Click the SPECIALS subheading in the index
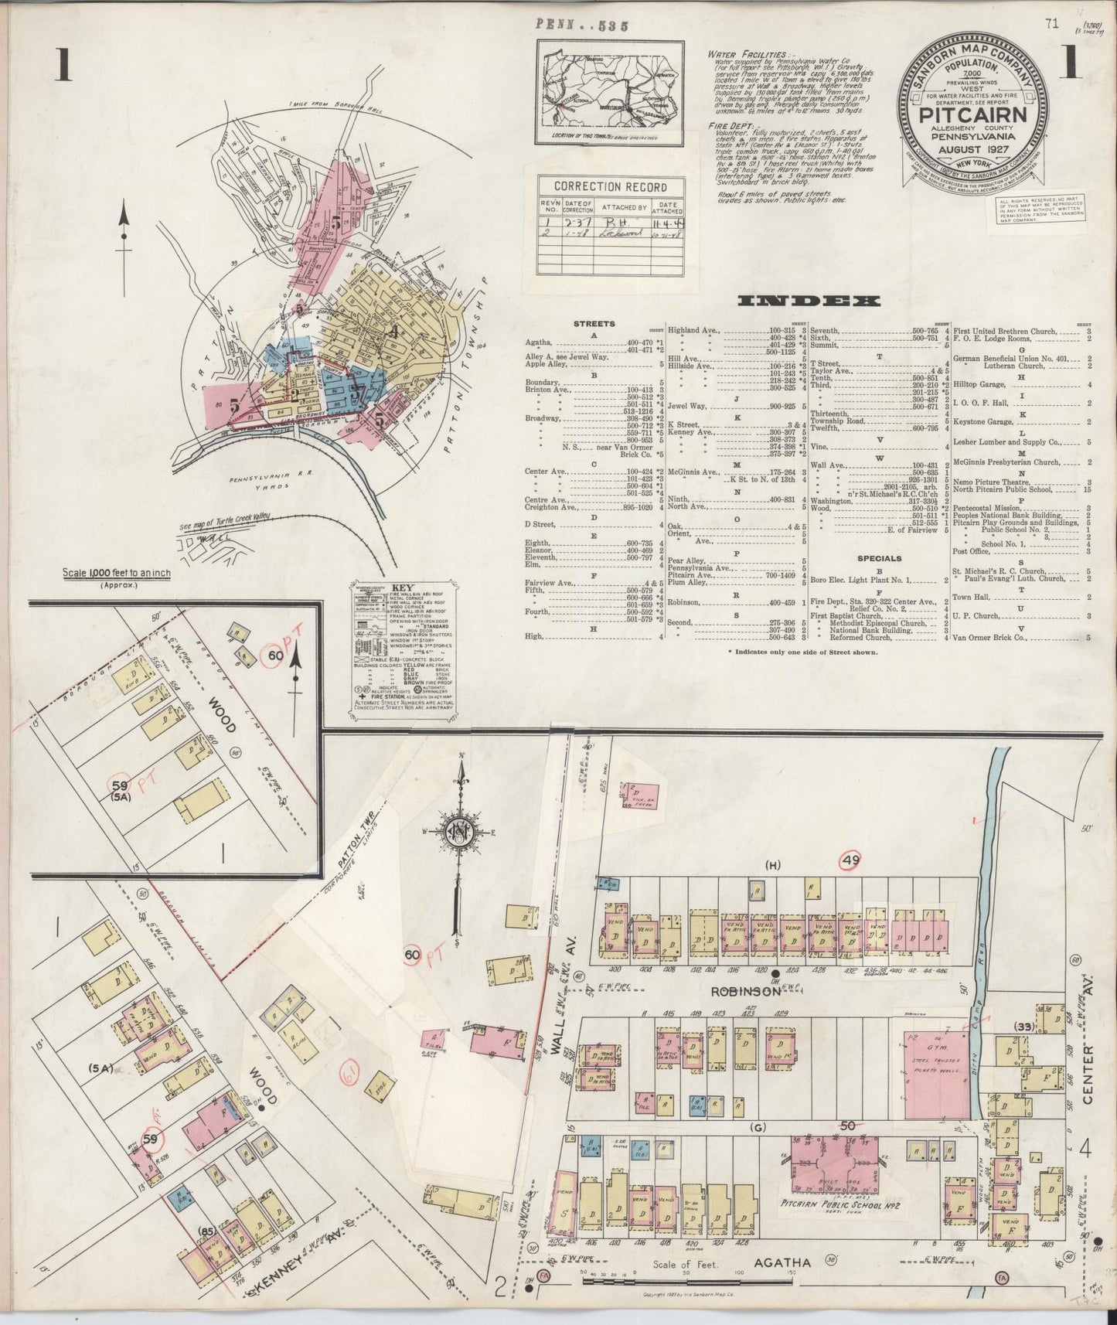click(879, 558)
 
